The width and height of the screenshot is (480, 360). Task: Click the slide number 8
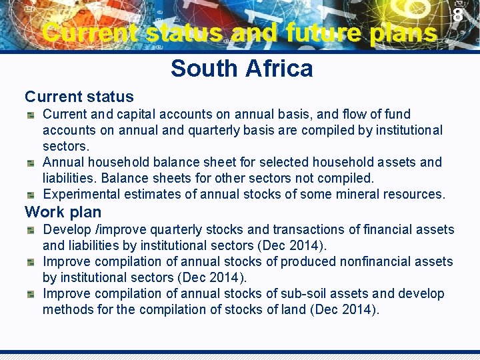[x=458, y=15]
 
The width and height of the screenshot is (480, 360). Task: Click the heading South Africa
[x=241, y=68]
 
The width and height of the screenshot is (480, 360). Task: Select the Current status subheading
[x=79, y=97]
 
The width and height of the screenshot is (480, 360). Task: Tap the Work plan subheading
[x=63, y=212]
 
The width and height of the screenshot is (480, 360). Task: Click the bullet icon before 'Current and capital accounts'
[x=31, y=115]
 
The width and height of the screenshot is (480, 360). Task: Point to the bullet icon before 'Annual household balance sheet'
[x=31, y=163]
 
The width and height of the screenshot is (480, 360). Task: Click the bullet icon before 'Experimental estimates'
[x=31, y=195]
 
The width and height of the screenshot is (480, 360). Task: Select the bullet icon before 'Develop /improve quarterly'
[x=31, y=230]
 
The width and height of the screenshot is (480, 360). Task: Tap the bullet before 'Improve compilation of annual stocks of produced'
[x=31, y=262]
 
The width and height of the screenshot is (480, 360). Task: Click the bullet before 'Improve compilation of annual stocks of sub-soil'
[x=31, y=294]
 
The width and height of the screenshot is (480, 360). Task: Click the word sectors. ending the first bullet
[x=66, y=146]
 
